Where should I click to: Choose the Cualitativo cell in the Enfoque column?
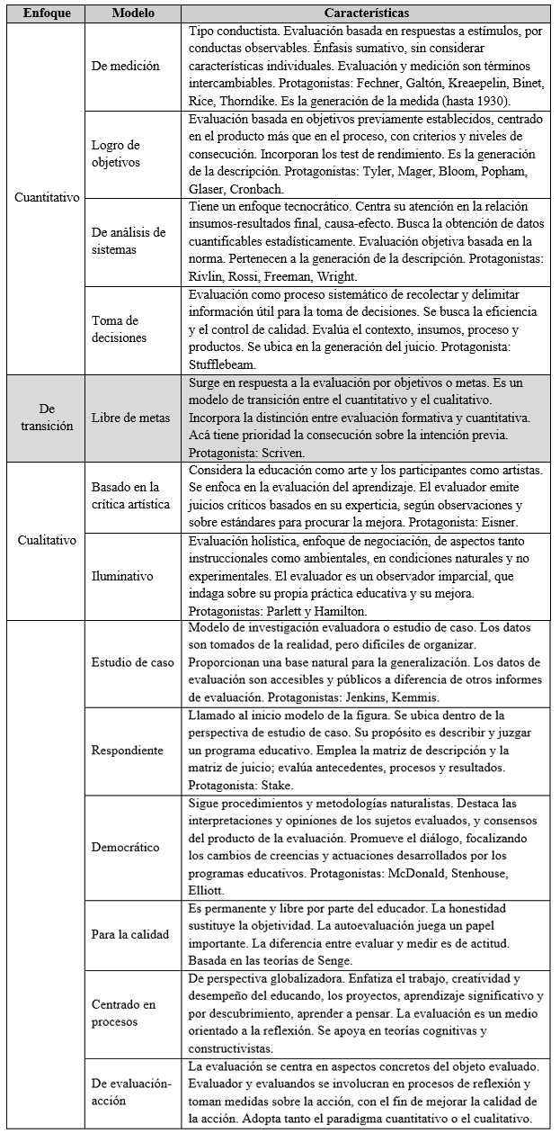(x=45, y=541)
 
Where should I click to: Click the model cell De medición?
(x=126, y=66)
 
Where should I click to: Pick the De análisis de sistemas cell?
(x=129, y=239)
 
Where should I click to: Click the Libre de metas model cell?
(x=132, y=418)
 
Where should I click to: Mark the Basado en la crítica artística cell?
(x=130, y=496)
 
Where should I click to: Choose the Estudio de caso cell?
(x=132, y=663)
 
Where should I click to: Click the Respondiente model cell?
(x=128, y=750)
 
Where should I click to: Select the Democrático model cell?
(x=126, y=847)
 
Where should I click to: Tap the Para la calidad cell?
(x=131, y=933)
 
